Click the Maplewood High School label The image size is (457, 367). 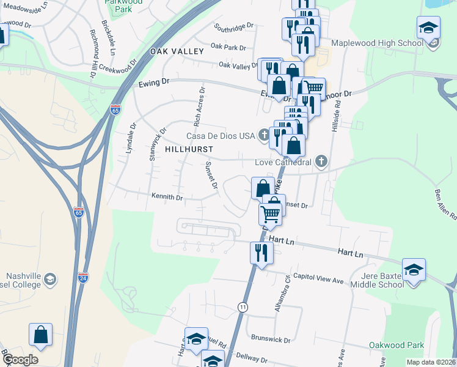[x=376, y=43]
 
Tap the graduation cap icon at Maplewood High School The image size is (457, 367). [x=428, y=28]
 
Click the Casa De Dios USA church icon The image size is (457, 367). [x=264, y=135]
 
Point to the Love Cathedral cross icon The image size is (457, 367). [x=321, y=162]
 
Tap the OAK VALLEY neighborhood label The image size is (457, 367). [x=177, y=51]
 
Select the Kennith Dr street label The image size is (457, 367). [x=167, y=198]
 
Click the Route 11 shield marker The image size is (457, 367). [x=243, y=306]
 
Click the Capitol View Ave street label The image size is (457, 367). [x=318, y=279]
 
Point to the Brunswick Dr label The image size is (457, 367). [x=271, y=338]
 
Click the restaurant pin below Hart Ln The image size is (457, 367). [x=261, y=252]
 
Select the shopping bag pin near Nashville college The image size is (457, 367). [x=41, y=335]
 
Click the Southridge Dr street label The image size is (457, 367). [x=234, y=27]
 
